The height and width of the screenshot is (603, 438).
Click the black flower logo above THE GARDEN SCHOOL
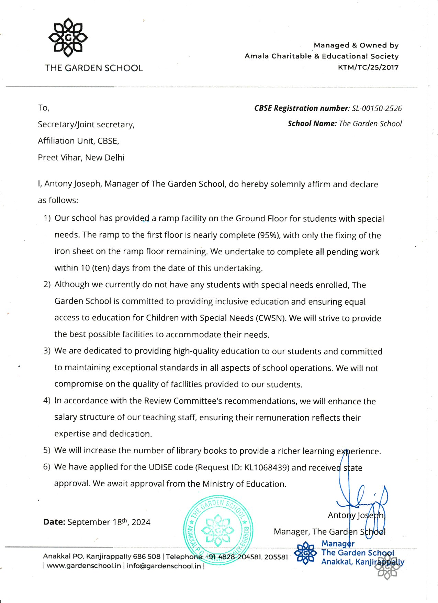[68, 38]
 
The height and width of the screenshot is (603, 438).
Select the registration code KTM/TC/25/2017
[368, 67]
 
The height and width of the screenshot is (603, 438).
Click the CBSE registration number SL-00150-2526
[377, 108]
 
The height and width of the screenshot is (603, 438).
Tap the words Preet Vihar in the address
[60, 158]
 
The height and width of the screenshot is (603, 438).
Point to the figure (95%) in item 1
[269, 235]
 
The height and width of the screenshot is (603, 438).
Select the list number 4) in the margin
[47, 401]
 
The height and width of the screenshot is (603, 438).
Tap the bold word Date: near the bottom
[54, 522]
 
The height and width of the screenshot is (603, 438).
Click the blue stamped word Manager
[338, 544]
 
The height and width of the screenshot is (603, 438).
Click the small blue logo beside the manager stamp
[305, 553]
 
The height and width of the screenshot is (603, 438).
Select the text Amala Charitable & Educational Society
[322, 56]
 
